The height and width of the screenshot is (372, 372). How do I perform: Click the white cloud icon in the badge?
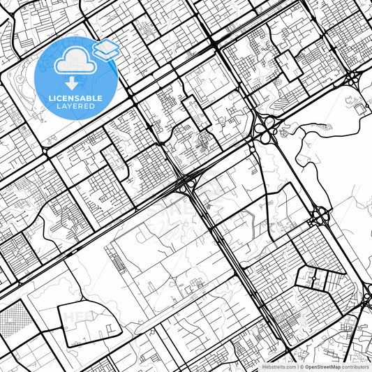(75, 63)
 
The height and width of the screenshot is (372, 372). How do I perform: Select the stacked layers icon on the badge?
(105, 50)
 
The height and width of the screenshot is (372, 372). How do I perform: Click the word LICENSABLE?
(75, 98)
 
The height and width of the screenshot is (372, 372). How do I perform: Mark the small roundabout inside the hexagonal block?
(313, 279)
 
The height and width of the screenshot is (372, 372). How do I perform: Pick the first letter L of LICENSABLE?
(50, 98)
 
